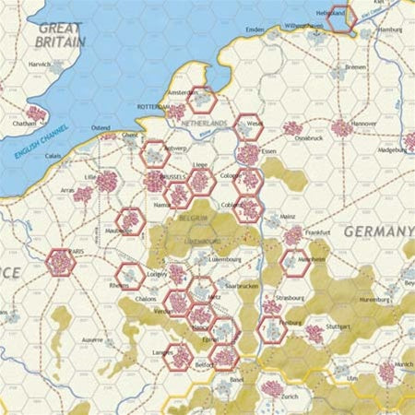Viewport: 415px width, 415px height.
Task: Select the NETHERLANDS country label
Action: [204, 123]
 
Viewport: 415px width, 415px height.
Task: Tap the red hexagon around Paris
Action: [61, 263]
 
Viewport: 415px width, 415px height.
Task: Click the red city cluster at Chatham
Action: [35, 115]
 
